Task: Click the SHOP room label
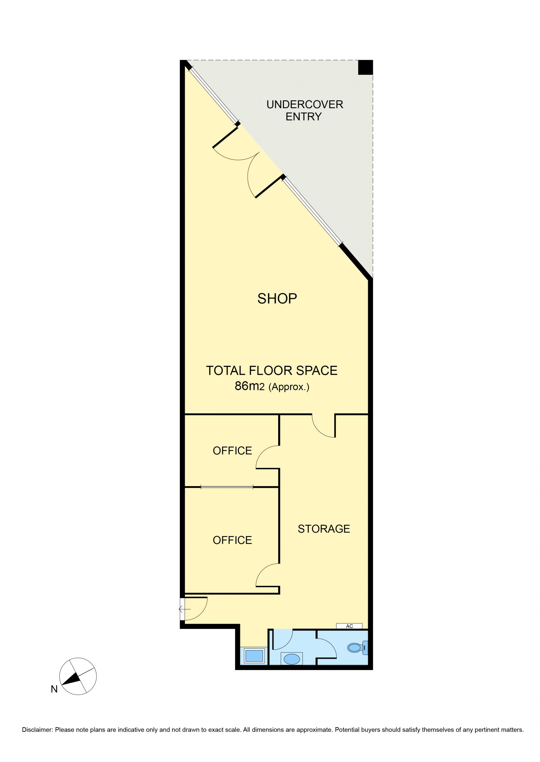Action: tap(277, 299)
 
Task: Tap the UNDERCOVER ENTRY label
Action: tap(305, 110)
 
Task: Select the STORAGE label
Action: tap(324, 529)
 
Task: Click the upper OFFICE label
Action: tap(232, 451)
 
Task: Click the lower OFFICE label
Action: tap(232, 540)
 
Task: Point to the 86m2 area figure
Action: tap(249, 386)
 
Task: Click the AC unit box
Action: tap(349, 626)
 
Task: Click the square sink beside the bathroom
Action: tap(254, 656)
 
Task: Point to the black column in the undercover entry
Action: tap(365, 67)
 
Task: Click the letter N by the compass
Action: tap(54, 689)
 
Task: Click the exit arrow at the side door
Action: tap(184, 609)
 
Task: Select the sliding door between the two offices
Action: tap(227, 487)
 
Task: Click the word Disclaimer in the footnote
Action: tap(37, 730)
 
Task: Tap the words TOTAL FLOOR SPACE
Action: tap(272, 370)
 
